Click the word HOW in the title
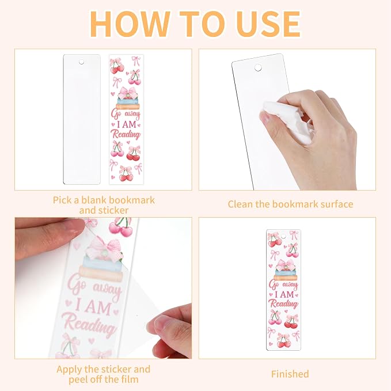click(128, 24)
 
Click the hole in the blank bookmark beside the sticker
click(81, 62)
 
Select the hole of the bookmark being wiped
click(258, 67)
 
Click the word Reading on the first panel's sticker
click(126, 134)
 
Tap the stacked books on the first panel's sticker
click(127, 104)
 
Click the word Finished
click(290, 374)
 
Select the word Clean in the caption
click(240, 204)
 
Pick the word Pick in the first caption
click(62, 200)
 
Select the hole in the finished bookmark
click(283, 236)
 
